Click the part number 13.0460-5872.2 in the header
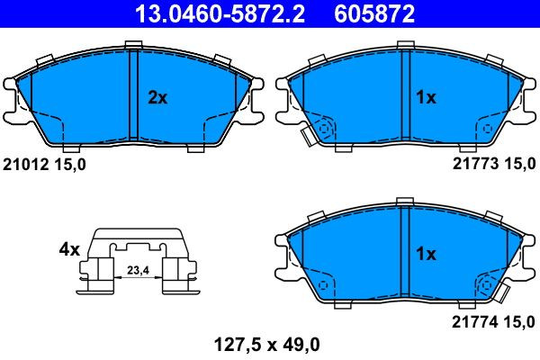click(x=220, y=13)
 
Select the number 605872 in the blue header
click(x=374, y=13)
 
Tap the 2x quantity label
click(x=157, y=98)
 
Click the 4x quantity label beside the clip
click(x=69, y=249)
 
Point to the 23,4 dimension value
click(x=138, y=270)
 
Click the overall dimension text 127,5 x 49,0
click(x=267, y=344)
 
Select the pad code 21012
click(x=25, y=165)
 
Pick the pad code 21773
click(x=475, y=164)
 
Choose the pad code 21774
click(x=474, y=322)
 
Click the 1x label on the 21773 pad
click(x=426, y=98)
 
